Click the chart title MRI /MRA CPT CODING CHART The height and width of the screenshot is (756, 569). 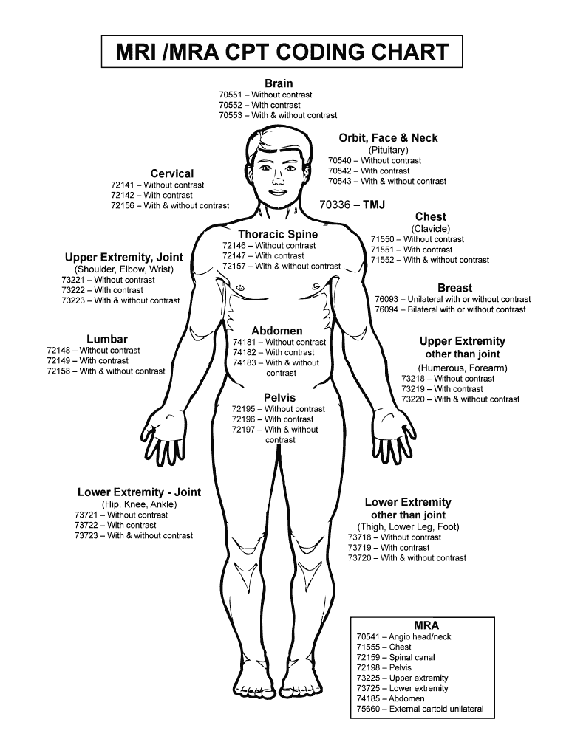(282, 52)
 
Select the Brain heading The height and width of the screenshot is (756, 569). (279, 83)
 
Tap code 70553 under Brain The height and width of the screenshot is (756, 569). (231, 115)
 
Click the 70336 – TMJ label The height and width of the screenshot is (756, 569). (352, 205)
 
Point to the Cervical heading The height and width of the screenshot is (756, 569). (172, 173)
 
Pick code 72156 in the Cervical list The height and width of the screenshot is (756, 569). (123, 205)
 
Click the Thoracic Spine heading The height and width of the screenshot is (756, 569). (278, 234)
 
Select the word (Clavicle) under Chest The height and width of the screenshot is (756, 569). (431, 229)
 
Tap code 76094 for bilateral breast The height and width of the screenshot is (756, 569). (386, 309)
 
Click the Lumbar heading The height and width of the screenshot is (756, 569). (107, 339)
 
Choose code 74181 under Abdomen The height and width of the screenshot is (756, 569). (245, 342)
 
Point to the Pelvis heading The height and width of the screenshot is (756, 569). (279, 398)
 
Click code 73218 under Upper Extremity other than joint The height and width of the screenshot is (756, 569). (413, 379)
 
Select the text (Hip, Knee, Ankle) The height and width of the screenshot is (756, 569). (139, 504)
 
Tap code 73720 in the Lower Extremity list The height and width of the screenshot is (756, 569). (360, 558)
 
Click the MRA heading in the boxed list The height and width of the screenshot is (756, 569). (426, 625)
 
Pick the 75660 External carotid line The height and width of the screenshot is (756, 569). (420, 709)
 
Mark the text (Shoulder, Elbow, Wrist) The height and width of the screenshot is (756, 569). (123, 269)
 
